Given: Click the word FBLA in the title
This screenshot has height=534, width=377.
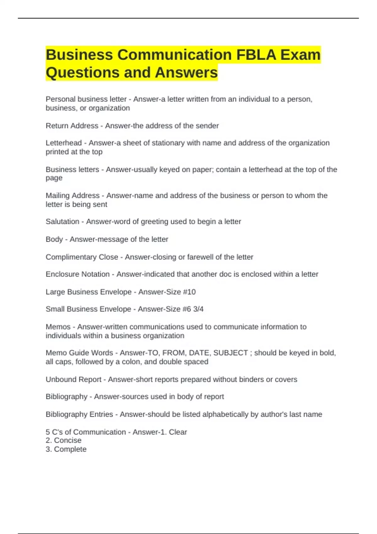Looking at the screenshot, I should [256, 55].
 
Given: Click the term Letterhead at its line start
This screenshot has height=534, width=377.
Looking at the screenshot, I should [63, 143].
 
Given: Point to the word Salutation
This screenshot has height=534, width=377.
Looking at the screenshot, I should [62, 221].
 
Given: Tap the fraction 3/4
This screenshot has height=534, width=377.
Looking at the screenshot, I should [198, 309].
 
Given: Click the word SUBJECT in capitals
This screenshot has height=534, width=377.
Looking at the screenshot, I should [231, 353].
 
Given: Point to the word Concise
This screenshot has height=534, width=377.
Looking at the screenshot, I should [68, 440].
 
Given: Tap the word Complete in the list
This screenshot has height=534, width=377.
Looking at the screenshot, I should [70, 449].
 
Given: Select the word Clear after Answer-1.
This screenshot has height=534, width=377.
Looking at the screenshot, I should [178, 432].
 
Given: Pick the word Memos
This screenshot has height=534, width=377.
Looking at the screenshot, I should [58, 327].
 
